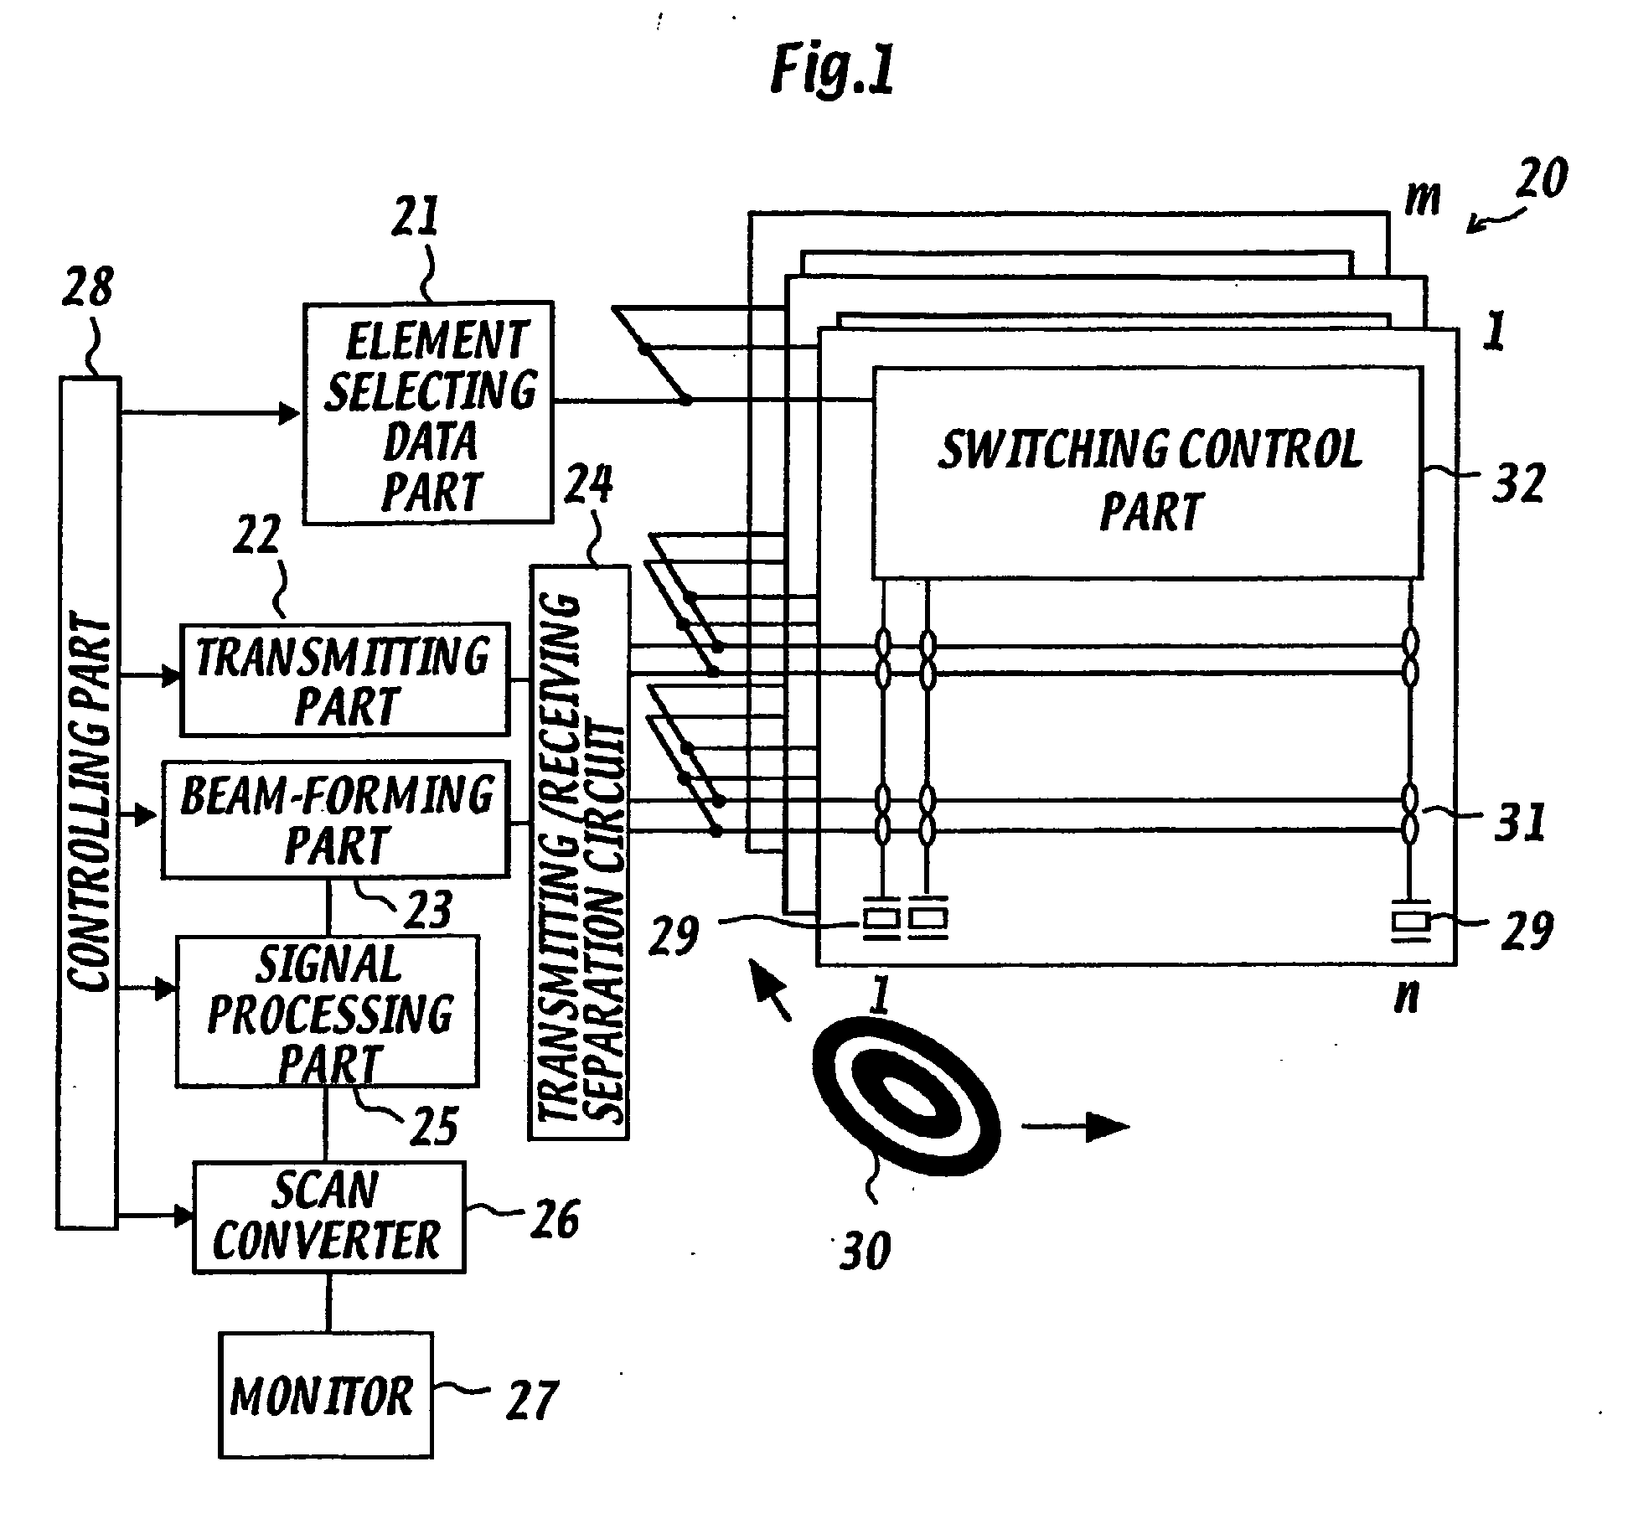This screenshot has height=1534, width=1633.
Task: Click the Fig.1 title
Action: [832, 70]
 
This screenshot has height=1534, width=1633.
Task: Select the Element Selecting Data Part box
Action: [428, 412]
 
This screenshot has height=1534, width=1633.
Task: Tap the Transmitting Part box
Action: [344, 679]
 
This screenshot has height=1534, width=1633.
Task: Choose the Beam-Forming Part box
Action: [335, 819]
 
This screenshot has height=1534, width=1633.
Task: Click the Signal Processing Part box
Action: [328, 1011]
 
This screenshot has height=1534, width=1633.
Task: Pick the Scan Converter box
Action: [329, 1217]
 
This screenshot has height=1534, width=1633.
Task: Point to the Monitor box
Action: [327, 1395]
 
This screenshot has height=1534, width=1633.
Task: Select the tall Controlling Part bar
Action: [88, 803]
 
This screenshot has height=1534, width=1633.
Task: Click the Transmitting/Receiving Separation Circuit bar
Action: [579, 853]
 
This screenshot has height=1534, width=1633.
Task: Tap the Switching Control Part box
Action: [1148, 473]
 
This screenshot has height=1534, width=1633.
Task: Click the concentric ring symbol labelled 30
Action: [906, 1100]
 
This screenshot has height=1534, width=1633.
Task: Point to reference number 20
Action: [1540, 178]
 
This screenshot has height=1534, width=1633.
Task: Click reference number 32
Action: [1518, 483]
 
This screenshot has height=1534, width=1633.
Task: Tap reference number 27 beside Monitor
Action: [532, 1400]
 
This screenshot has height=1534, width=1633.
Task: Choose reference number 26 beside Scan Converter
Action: [554, 1218]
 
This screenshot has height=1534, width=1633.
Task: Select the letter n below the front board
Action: [1408, 998]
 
